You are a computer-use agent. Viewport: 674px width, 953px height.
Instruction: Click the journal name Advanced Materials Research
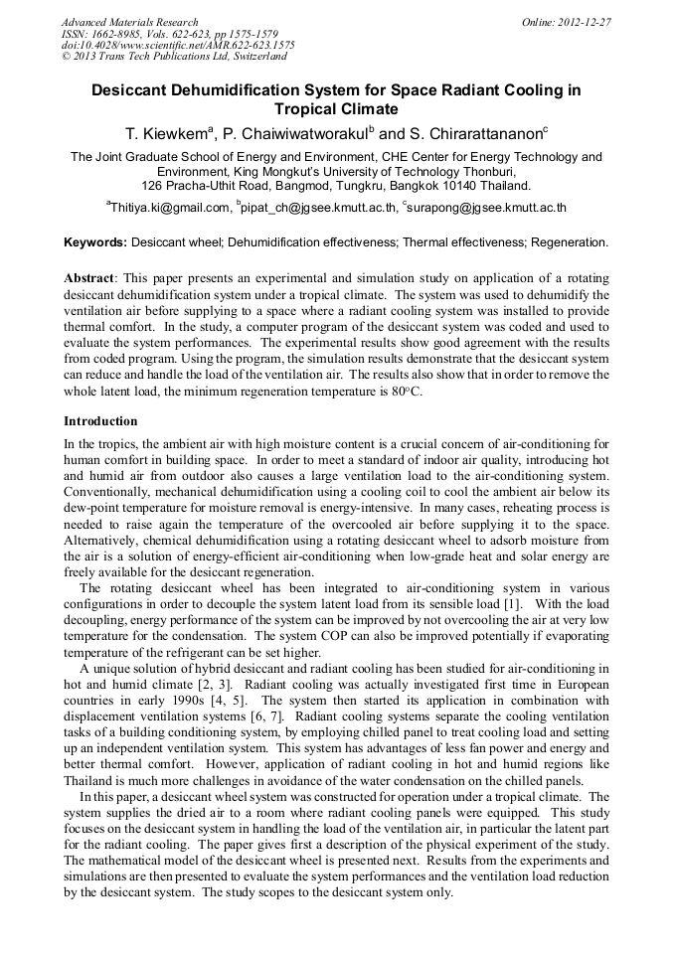(x=129, y=22)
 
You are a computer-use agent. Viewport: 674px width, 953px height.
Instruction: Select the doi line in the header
(x=178, y=45)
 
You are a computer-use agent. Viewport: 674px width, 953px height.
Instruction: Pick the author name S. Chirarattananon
(x=478, y=133)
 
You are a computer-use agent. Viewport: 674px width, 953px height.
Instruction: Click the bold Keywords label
(x=95, y=241)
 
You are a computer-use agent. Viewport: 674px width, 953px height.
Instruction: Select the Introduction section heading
(x=100, y=421)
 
